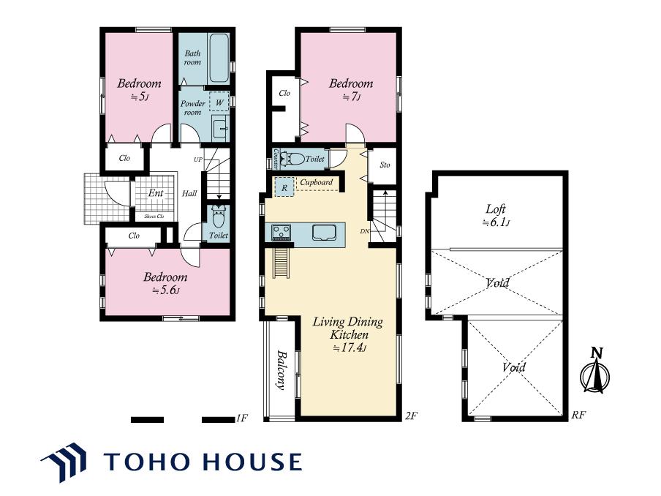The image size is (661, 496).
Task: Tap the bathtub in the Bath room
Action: click(x=219, y=59)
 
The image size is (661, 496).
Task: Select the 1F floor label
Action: click(x=242, y=418)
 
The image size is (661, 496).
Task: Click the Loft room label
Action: click(x=495, y=208)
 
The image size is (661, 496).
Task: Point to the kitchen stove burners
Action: click(x=281, y=233)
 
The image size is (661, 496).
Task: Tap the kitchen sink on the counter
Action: click(x=324, y=233)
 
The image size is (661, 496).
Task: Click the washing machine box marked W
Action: click(x=219, y=102)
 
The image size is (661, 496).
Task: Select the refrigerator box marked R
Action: click(x=284, y=187)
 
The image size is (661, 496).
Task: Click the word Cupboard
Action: click(x=316, y=182)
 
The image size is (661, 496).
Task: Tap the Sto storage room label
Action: click(x=385, y=165)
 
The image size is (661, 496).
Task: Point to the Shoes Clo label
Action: click(x=154, y=217)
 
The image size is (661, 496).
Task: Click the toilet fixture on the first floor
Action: click(x=219, y=217)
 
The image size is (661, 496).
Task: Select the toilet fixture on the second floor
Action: click(x=293, y=159)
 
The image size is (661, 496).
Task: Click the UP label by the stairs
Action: click(x=197, y=159)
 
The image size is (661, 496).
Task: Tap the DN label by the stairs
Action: click(x=365, y=230)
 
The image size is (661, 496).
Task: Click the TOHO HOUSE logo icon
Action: click(x=64, y=462)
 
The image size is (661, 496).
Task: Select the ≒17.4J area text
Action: click(x=350, y=348)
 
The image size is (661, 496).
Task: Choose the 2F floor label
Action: click(x=411, y=416)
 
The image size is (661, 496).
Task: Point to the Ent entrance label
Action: click(x=156, y=192)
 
